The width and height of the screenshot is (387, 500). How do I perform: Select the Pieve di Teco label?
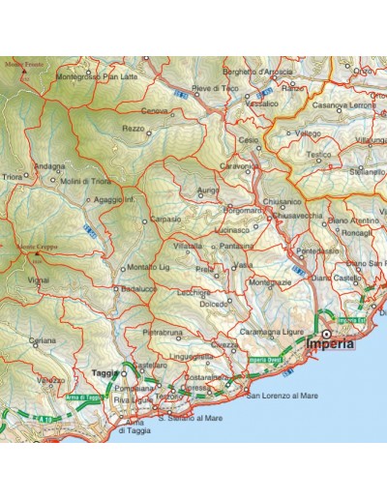tap(215, 89)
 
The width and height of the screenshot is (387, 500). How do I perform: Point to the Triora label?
tap(13, 178)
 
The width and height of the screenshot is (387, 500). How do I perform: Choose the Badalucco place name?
tap(134, 288)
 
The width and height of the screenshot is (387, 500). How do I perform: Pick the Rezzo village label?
tap(134, 128)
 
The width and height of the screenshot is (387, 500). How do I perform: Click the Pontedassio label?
tap(318, 250)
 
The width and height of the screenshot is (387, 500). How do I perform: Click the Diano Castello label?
tap(354, 278)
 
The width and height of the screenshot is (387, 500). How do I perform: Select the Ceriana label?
tap(42, 340)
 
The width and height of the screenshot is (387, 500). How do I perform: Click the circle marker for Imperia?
tap(326, 333)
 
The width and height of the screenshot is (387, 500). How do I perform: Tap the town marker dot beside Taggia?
tap(125, 372)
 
